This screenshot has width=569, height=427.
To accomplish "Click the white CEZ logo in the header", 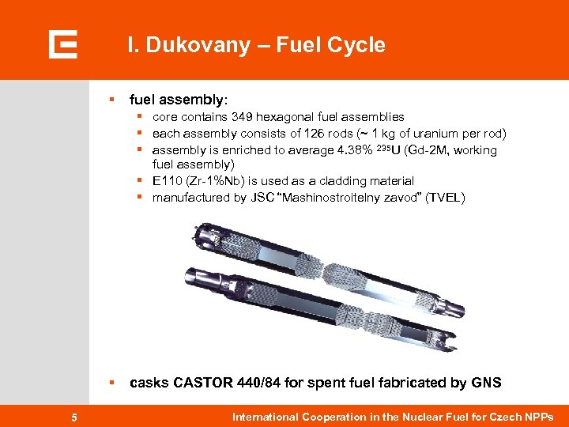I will click(62, 44).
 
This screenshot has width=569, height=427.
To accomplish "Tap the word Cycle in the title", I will click(356, 45).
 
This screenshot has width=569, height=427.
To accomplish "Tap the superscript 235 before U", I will click(382, 147).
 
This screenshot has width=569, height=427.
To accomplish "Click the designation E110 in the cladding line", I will click(167, 181).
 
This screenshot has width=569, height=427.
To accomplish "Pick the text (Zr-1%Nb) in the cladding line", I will click(217, 181).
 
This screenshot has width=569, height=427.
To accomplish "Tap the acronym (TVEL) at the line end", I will click(445, 198).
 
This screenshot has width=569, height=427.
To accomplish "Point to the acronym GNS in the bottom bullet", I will click(485, 383).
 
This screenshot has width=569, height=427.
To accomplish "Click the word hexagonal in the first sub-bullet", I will click(297, 117).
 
